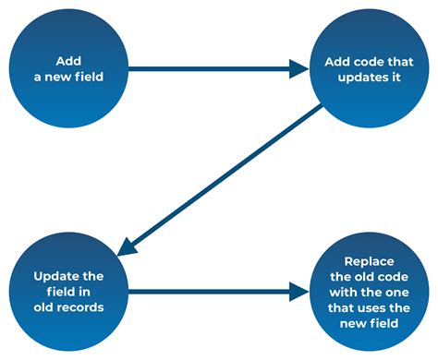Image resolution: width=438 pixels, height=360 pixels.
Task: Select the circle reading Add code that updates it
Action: [368, 66]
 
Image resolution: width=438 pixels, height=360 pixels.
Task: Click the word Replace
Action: [369, 261]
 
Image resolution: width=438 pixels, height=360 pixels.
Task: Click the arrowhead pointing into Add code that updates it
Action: [299, 67]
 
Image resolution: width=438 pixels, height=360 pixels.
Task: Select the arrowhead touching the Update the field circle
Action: [127, 246]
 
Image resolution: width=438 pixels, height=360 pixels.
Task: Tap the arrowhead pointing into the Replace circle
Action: [299, 293]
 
